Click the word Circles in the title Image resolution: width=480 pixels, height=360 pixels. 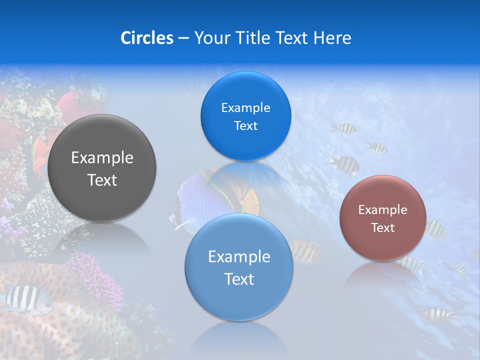(x=146, y=38)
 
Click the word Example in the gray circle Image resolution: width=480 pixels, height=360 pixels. (x=102, y=158)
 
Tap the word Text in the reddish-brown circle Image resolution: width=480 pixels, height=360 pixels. (x=383, y=228)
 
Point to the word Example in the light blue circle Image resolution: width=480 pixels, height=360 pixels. (x=239, y=257)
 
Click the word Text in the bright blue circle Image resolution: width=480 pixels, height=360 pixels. (x=245, y=126)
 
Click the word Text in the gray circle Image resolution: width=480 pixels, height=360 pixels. (x=102, y=180)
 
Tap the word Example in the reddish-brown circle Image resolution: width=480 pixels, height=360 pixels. (x=383, y=210)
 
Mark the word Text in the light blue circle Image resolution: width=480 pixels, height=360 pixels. (x=239, y=279)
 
